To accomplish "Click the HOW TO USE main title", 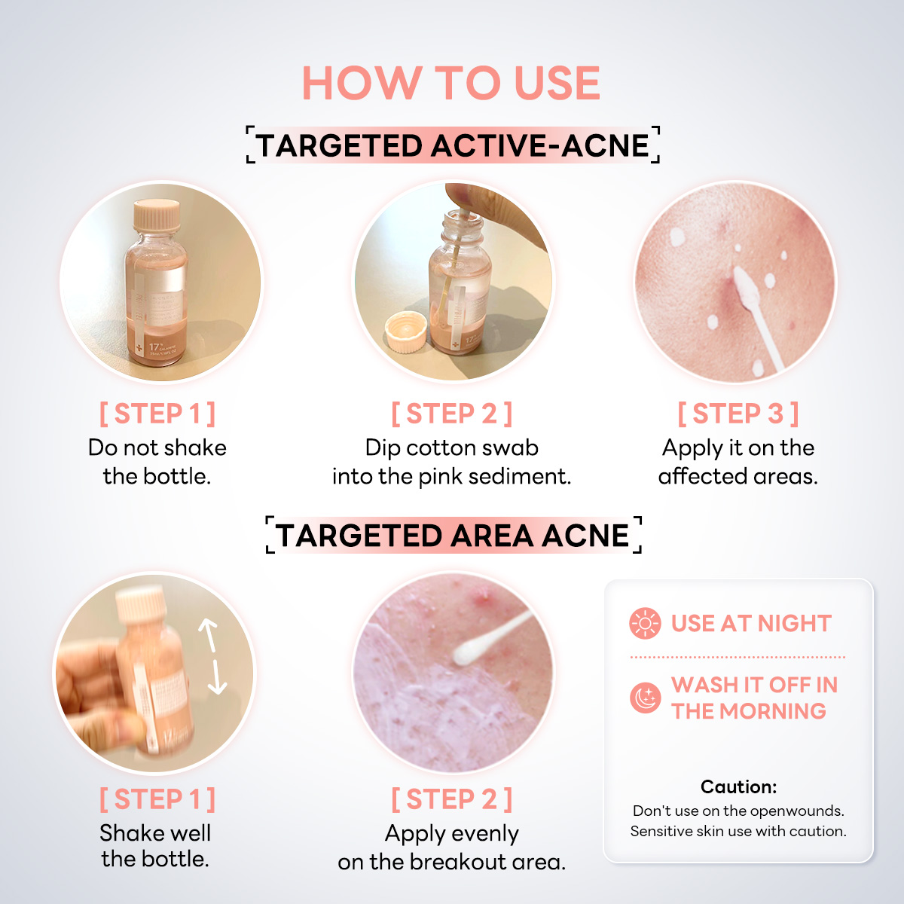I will tap(451, 83).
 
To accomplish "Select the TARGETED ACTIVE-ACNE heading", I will tap(453, 145).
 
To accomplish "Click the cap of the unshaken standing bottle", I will tap(157, 215).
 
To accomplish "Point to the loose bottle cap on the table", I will tap(405, 334).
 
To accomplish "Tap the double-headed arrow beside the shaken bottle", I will tap(212, 656).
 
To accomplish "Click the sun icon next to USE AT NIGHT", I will tap(645, 624).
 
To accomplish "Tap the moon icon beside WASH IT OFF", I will tap(645, 698).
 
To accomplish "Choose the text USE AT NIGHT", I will tap(751, 624).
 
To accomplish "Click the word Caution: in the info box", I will tap(738, 787).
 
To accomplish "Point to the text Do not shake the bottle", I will tap(157, 462).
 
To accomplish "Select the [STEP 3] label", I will tap(738, 414).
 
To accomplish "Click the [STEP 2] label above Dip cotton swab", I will tap(451, 414).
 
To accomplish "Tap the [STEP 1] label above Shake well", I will tap(157, 799).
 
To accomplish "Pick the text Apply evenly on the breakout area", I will tap(451, 847).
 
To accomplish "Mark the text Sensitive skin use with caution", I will tap(738, 832).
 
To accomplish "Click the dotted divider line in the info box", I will tap(738, 657).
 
